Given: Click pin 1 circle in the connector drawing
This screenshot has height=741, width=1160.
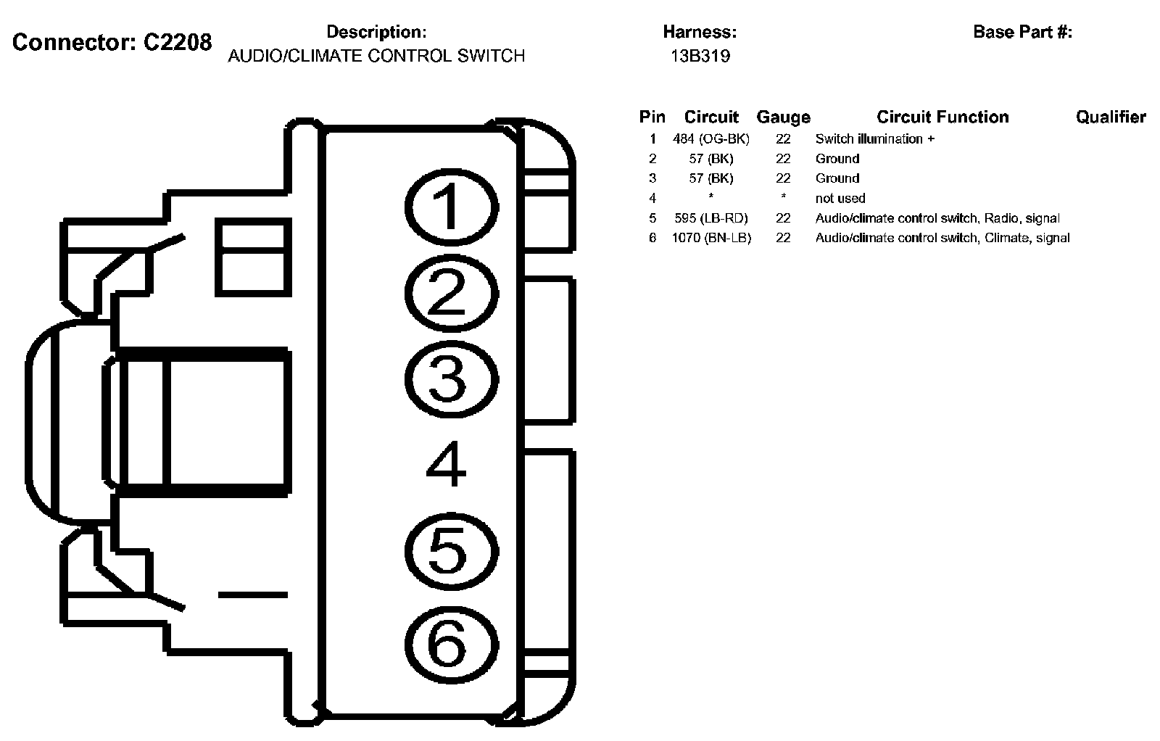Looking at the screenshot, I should click(x=451, y=206).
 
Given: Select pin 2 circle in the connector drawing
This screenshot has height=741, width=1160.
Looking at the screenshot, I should click(x=451, y=293).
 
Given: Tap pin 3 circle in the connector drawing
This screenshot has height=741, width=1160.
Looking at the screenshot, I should click(x=451, y=379).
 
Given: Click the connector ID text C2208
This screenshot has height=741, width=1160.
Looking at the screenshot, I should click(x=177, y=43).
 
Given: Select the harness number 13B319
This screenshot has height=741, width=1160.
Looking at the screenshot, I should click(x=700, y=57).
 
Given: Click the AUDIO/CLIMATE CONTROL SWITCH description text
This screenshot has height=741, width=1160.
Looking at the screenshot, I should click(x=376, y=57).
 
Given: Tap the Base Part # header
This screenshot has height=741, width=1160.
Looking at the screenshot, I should click(x=1022, y=32).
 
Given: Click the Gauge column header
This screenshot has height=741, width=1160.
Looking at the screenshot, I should click(x=783, y=117).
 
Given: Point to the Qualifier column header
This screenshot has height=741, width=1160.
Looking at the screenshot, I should click(x=1111, y=117).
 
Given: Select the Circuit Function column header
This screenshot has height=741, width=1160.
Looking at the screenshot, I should click(x=942, y=117).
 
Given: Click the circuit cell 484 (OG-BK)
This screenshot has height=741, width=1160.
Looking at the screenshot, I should click(x=711, y=138).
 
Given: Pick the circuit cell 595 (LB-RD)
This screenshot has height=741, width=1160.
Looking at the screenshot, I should click(x=711, y=218).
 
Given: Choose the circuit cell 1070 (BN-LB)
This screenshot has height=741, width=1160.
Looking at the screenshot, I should click(x=711, y=238).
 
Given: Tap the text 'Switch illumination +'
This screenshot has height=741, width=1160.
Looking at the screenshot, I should click(x=874, y=138).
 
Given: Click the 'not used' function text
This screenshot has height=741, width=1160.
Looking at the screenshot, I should click(x=840, y=198).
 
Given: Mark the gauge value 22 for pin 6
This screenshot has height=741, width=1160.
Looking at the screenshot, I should click(x=783, y=238).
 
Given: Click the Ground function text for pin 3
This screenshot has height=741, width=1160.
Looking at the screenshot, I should click(x=837, y=178).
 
